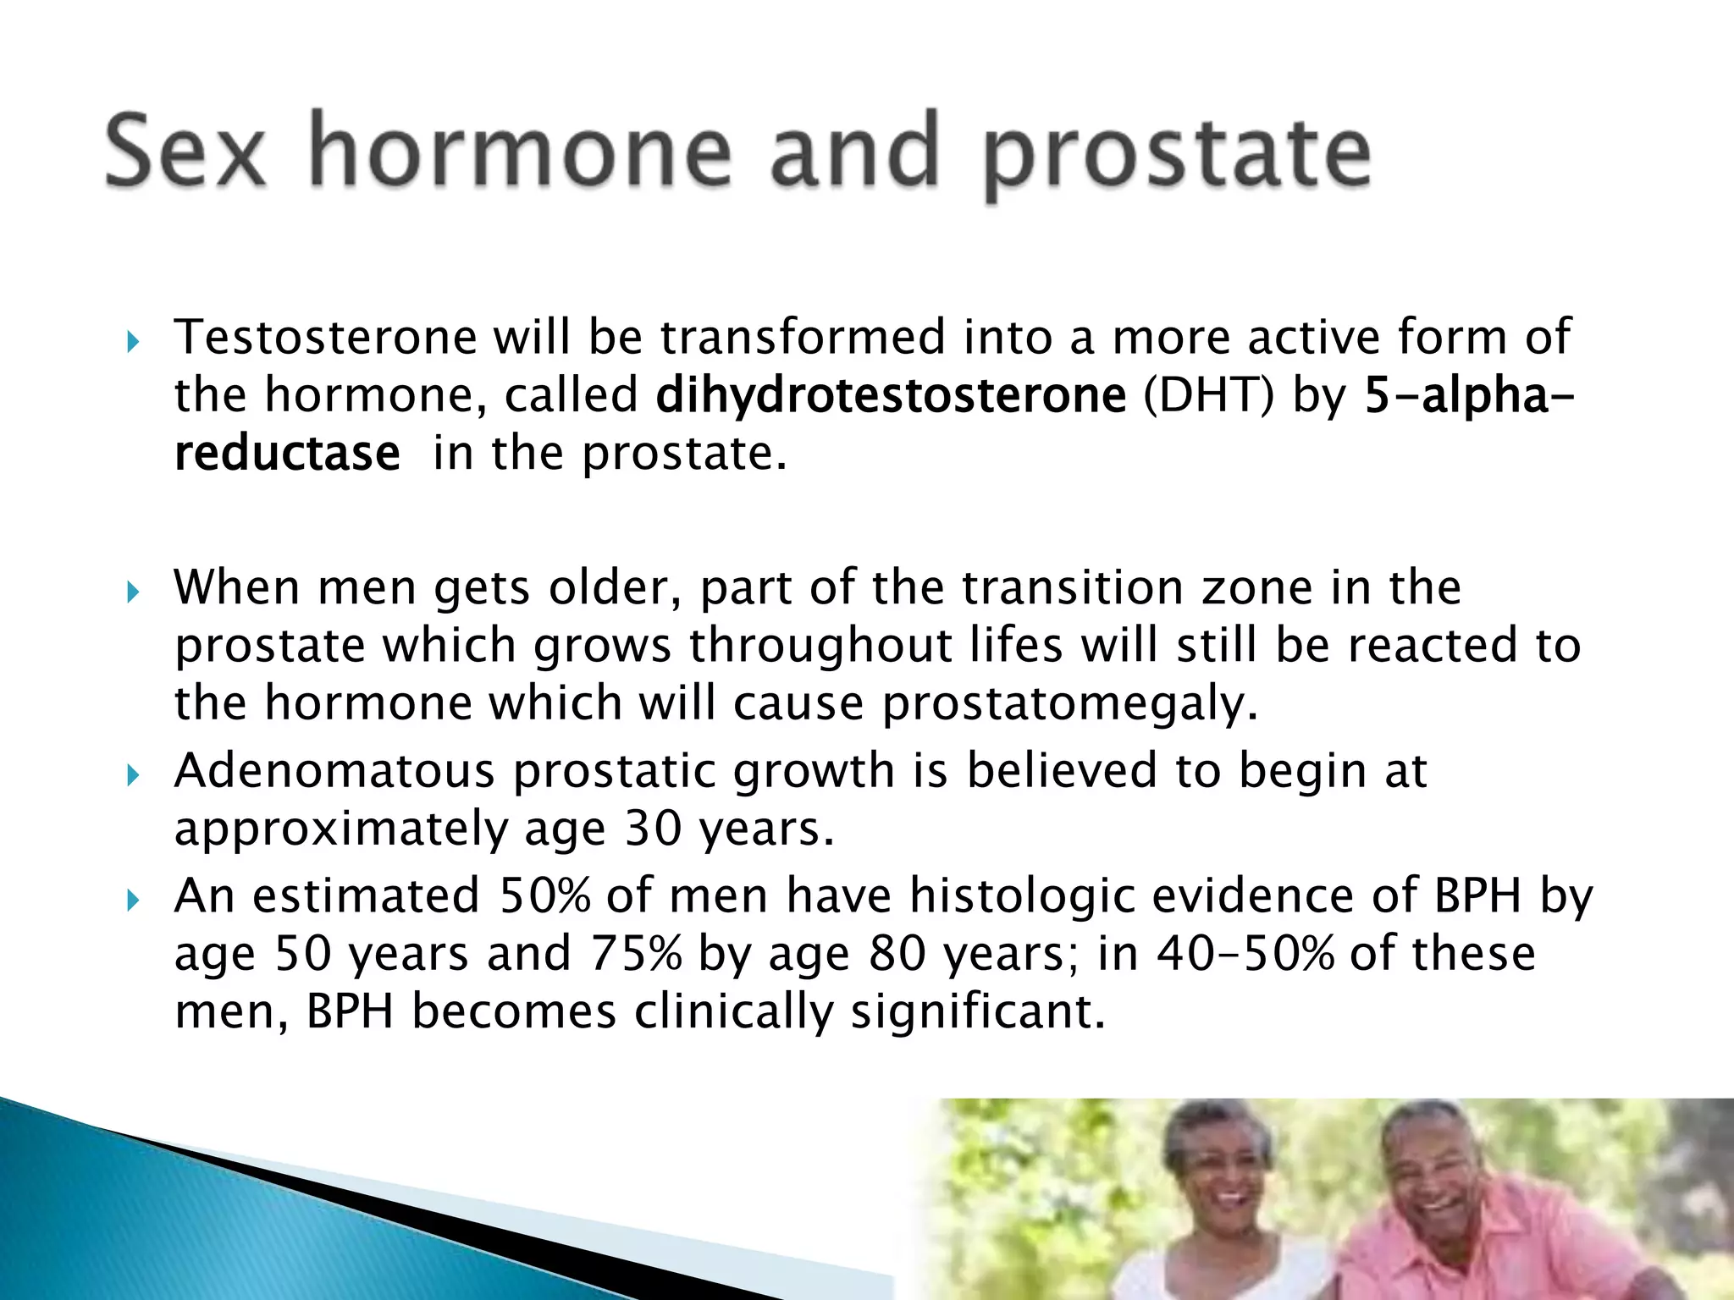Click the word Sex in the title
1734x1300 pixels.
[x=185, y=152]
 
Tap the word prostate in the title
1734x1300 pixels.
[x=1177, y=157]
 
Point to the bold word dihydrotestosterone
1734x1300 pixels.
[x=891, y=395]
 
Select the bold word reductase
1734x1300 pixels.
[x=287, y=454]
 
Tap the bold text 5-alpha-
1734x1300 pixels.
[x=1469, y=395]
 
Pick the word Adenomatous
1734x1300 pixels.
[x=334, y=771]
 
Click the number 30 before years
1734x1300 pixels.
[x=653, y=829]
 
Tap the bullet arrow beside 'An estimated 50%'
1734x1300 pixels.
[x=132, y=901]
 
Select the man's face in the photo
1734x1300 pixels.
[x=1431, y=1176]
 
